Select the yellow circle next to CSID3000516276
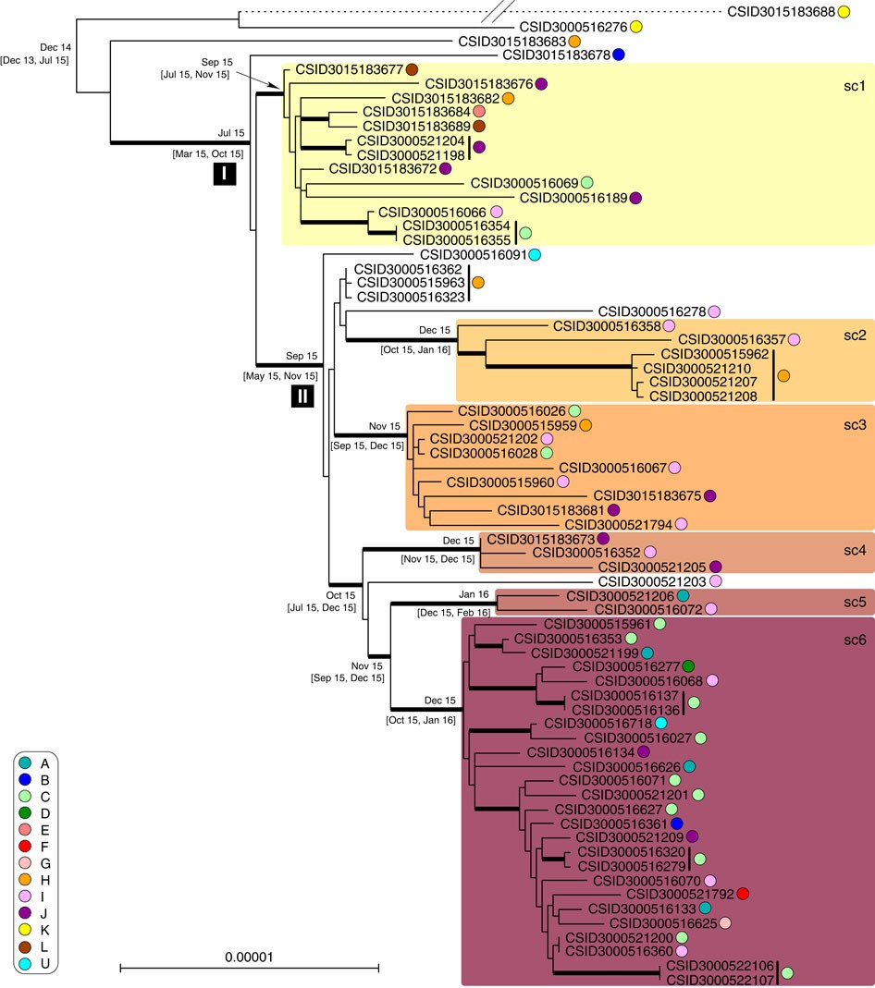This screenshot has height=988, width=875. (636, 27)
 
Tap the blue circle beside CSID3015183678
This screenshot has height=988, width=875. (620, 55)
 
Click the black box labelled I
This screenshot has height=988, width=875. (225, 174)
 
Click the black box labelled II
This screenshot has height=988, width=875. (302, 396)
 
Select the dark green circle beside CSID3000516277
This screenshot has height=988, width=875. (688, 692)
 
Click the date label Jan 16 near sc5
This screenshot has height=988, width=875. (474, 594)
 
